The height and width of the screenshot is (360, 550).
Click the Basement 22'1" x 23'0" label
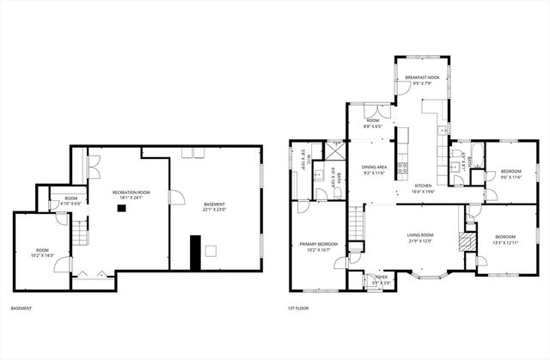pyautogui.click(x=214, y=206)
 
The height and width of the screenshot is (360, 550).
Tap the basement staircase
pyautogui.click(x=78, y=233)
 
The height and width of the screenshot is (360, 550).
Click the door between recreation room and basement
pyautogui.click(x=175, y=198)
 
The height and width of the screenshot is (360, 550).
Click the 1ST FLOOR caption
pyautogui.click(x=298, y=308)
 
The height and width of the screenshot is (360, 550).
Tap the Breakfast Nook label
pyautogui.click(x=421, y=80)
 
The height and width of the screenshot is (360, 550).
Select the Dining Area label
pyautogui.click(x=374, y=170)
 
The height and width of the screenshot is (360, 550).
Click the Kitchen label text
pyautogui.click(x=424, y=188)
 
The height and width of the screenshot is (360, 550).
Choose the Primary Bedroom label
pyautogui.click(x=319, y=247)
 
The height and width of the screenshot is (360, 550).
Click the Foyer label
pyautogui.click(x=376, y=279)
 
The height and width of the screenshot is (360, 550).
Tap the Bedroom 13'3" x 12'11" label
pyautogui.click(x=504, y=239)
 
